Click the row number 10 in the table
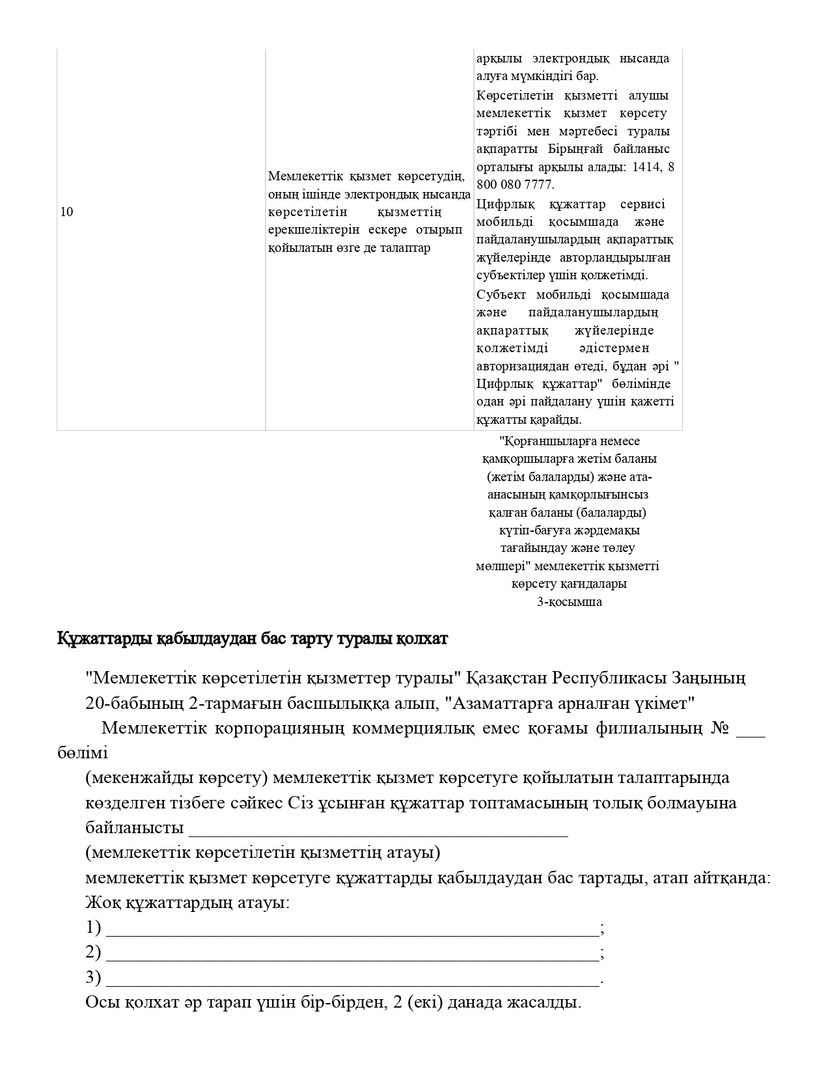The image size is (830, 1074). click(66, 212)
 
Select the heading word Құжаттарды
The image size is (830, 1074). click(105, 639)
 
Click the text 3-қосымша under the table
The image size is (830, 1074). click(569, 602)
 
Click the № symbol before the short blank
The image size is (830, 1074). click(719, 728)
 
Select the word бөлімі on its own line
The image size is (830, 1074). click(83, 753)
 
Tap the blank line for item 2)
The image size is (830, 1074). click(352, 955)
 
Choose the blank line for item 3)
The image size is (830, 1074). click(352, 980)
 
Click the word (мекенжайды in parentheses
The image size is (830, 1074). click(131, 778)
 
